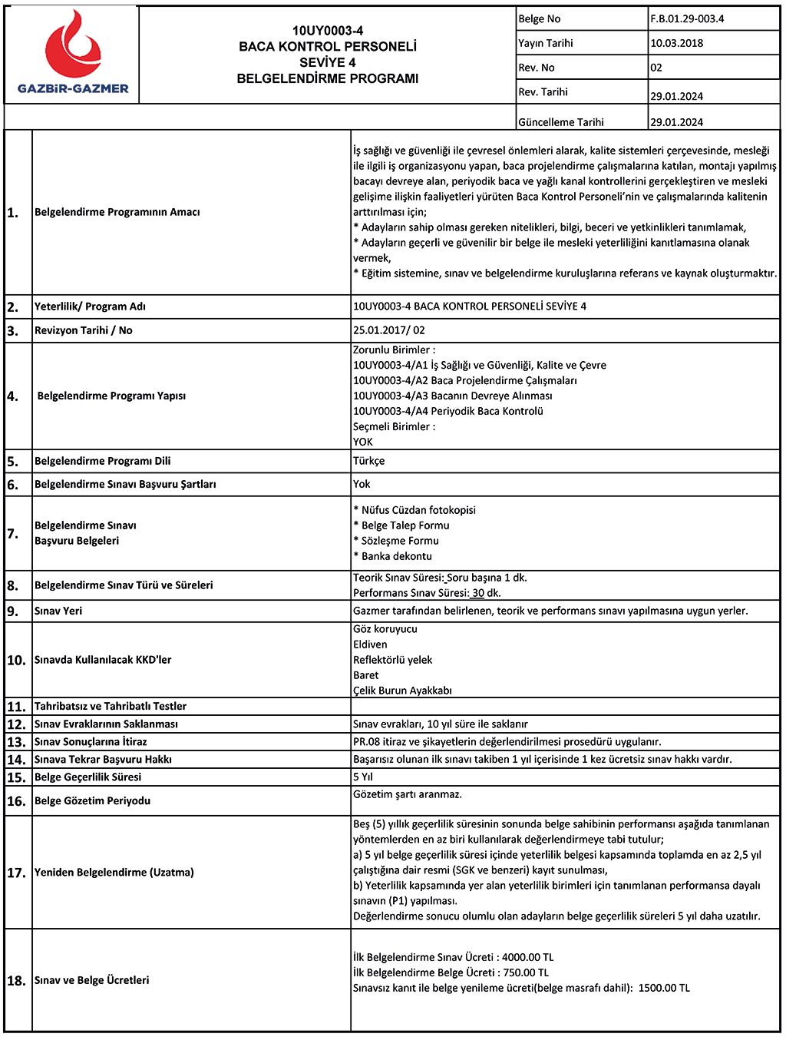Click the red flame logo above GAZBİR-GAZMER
point(72,45)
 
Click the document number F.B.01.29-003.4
point(687,18)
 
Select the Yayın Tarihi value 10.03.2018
point(676,43)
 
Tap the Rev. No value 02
point(656,68)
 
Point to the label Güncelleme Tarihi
point(561,122)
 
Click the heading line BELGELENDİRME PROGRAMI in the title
point(328,78)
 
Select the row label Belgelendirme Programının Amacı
point(117,212)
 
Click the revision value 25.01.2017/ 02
point(388,330)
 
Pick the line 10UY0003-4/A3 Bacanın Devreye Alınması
point(452,396)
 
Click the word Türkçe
point(369,461)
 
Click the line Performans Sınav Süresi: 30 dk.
point(427,593)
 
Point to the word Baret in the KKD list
point(366,675)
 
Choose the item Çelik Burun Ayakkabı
point(402,691)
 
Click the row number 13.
point(16,742)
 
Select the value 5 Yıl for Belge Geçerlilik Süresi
point(363,777)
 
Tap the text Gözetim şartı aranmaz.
point(408,794)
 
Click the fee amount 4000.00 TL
point(527,957)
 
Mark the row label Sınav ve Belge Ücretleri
point(92,980)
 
